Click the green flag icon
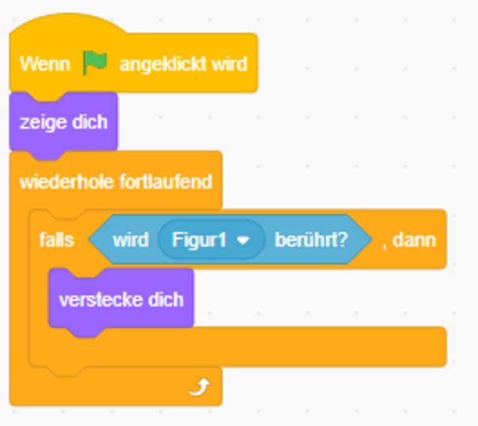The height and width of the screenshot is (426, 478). pyautogui.click(x=95, y=62)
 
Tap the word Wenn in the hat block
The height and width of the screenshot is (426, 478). pyautogui.click(x=45, y=64)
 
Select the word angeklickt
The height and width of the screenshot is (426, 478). pyautogui.click(x=162, y=65)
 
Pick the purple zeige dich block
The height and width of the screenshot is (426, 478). pyautogui.click(x=63, y=122)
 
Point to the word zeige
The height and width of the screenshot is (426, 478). pyautogui.click(x=43, y=122)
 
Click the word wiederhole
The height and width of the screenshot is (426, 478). pyautogui.click(x=66, y=182)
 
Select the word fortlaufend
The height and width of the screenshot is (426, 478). pyautogui.click(x=165, y=182)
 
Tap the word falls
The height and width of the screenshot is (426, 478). pyautogui.click(x=56, y=240)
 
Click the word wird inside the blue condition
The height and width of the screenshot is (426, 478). pyautogui.click(x=131, y=240)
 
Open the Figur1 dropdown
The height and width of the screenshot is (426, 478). pyautogui.click(x=211, y=240)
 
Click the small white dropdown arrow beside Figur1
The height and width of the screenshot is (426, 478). pyautogui.click(x=243, y=240)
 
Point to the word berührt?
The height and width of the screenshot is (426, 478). pyautogui.click(x=311, y=240)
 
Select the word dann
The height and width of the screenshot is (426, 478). pyautogui.click(x=414, y=240)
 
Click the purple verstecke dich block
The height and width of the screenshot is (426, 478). pyautogui.click(x=121, y=299)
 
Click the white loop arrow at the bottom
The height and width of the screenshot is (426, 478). pyautogui.click(x=199, y=387)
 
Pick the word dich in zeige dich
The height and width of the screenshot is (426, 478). pyautogui.click(x=89, y=122)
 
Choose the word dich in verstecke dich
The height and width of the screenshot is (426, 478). pyautogui.click(x=165, y=300)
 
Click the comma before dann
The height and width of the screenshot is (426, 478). pyautogui.click(x=384, y=247)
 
